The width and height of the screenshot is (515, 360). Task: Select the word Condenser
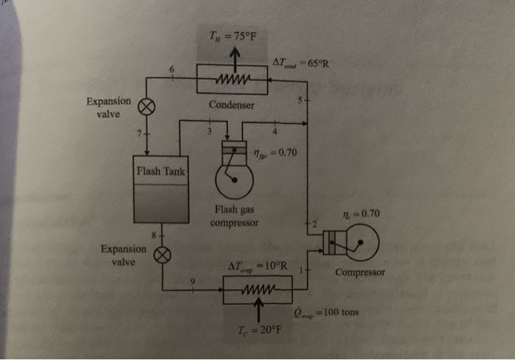pos(232,105)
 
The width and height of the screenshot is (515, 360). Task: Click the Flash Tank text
pos(160,173)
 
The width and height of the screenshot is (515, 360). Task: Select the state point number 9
pos(193,280)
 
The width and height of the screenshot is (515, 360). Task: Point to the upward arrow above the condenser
pos(235,56)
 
